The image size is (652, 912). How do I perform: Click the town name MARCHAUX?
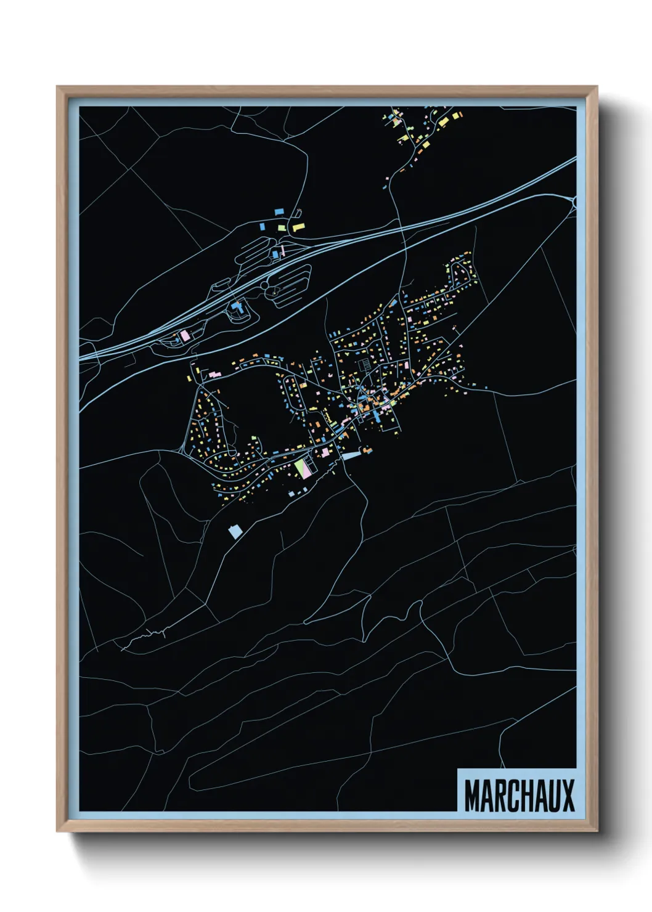[519, 796]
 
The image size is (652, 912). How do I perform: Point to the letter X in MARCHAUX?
[568, 796]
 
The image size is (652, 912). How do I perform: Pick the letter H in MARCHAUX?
[526, 796]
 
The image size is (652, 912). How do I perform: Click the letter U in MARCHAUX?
[554, 796]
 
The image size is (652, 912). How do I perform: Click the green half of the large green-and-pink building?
[299, 467]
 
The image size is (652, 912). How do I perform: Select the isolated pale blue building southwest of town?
[234, 531]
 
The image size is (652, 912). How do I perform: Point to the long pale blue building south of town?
[350, 456]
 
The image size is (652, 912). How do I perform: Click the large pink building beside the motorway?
[184, 336]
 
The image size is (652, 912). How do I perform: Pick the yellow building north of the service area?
[298, 227]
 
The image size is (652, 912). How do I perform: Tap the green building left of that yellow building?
[282, 228]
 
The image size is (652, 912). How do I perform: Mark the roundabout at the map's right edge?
[575, 202]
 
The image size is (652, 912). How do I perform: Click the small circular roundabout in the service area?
[264, 285]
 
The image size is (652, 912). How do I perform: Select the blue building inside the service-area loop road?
[236, 306]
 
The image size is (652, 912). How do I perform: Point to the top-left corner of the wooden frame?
[57, 87]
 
